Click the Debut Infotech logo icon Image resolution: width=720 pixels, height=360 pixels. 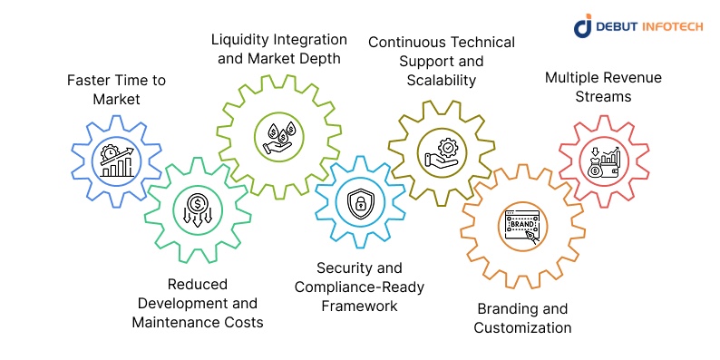(583, 26)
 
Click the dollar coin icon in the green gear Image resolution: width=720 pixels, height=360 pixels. (197, 209)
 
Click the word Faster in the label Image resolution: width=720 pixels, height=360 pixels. (89, 81)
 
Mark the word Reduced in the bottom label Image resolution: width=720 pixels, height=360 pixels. (197, 284)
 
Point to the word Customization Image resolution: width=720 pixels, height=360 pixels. (523, 327)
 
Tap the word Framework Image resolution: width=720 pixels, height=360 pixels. (359, 306)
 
